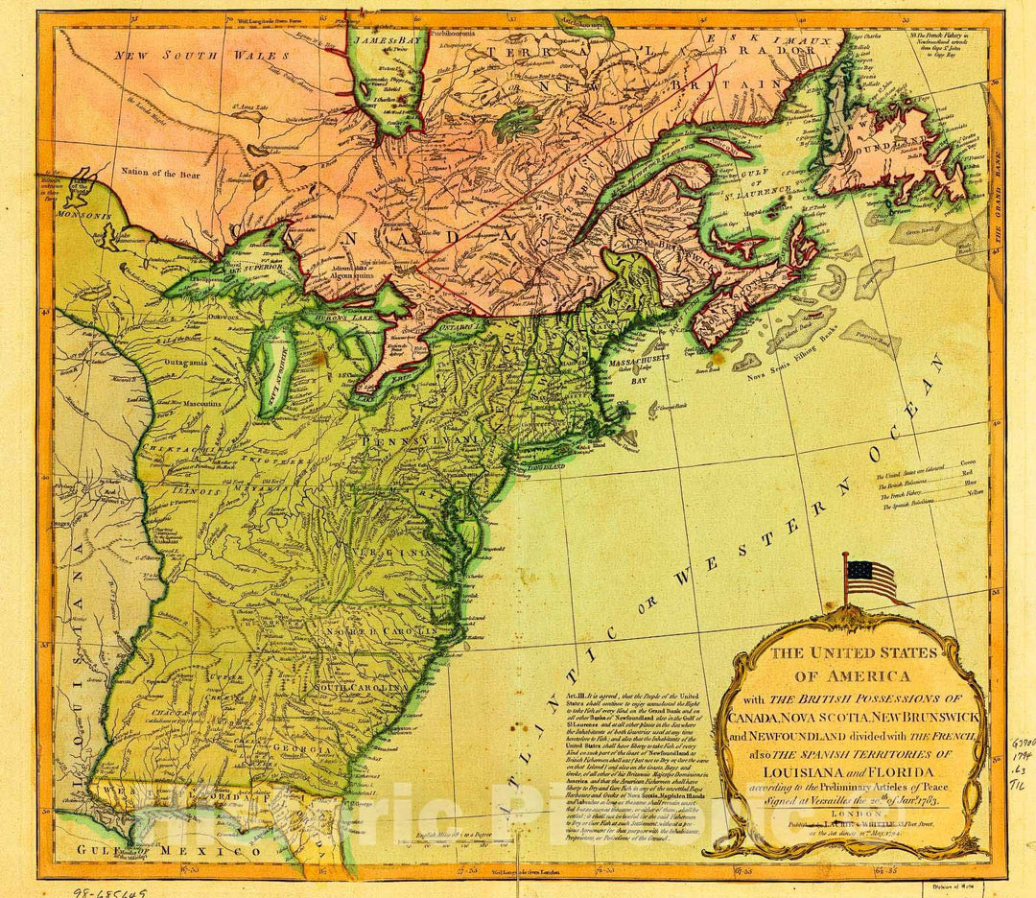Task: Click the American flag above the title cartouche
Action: (x=870, y=580)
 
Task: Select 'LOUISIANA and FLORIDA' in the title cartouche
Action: (x=843, y=769)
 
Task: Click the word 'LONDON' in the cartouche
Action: (x=843, y=809)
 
